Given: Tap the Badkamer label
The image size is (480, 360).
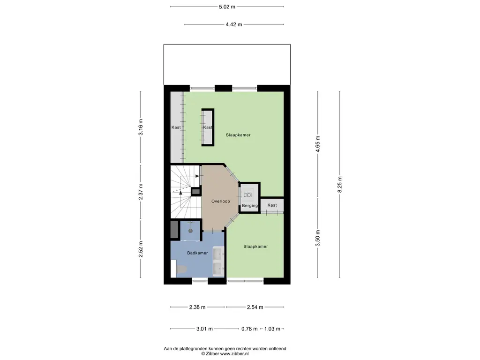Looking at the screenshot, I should pos(197,253).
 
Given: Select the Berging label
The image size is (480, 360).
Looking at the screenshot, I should pos(250,206).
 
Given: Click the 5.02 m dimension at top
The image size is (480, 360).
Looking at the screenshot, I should pos(227,7).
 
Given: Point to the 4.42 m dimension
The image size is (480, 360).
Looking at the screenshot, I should pos(233,24).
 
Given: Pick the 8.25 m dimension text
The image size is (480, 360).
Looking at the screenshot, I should pos(340,184).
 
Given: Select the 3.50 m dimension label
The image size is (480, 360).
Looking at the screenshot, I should pos(318,238).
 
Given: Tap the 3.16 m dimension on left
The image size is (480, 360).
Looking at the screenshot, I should pos(141,127).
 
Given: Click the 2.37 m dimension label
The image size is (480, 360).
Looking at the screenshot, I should pos(141,192).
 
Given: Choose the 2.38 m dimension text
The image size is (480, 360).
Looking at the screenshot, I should pos(197,307).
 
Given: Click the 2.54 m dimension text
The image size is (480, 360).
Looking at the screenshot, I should pos(255,307).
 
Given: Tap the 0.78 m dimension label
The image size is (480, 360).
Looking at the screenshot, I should pos(249,329).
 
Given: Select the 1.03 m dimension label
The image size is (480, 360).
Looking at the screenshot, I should pos(272,329).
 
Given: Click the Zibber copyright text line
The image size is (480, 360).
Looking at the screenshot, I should pos(225,354).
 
